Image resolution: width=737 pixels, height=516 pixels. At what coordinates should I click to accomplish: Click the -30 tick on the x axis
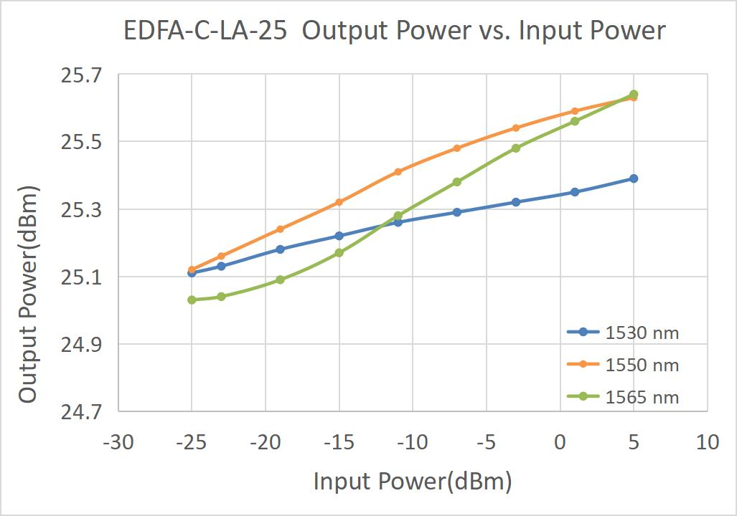(118, 442)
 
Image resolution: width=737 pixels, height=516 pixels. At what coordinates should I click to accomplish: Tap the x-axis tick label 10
(708, 442)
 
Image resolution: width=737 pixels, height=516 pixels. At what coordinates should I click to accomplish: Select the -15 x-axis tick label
(339, 442)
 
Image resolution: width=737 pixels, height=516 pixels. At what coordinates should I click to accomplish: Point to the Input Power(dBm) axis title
(413, 482)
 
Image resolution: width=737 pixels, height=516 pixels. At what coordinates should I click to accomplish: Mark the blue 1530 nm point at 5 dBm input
(634, 178)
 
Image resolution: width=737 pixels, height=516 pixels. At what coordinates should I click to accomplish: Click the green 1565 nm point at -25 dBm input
(192, 300)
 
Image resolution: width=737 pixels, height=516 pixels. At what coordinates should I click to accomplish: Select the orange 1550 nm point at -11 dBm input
(398, 171)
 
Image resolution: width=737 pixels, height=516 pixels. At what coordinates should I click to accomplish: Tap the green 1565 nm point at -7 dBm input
(457, 182)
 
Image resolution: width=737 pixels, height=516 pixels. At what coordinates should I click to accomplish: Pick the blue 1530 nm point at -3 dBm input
(516, 202)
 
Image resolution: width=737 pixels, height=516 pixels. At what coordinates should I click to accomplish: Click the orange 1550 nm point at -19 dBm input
(280, 229)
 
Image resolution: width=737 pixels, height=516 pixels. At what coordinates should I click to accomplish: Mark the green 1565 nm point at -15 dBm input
(339, 252)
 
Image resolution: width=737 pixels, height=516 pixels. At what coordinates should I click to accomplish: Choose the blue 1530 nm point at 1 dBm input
(575, 192)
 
